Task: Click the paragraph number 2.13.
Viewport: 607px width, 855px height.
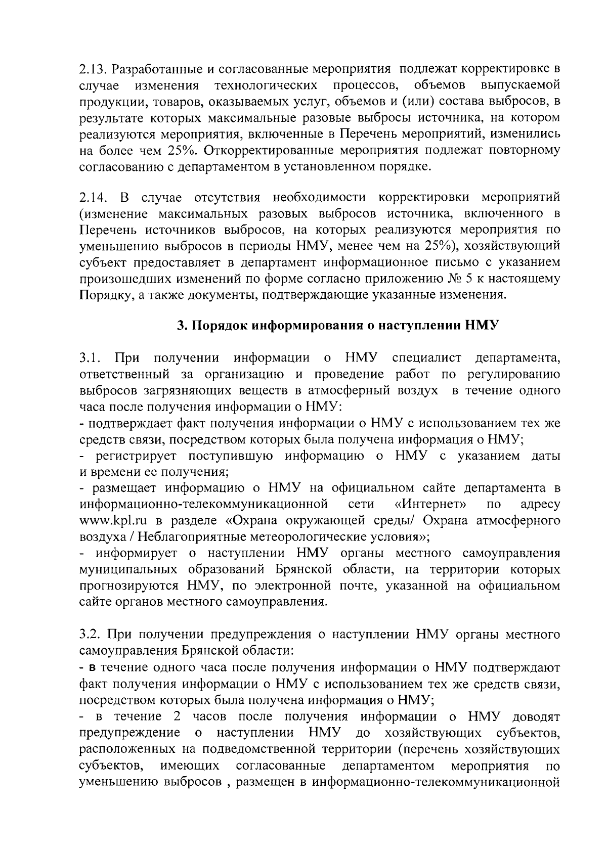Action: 92,68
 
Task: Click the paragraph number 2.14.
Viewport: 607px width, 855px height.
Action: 92,196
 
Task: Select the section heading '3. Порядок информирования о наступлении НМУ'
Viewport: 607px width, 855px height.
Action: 337,326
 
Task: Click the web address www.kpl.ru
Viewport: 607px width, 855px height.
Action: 113,521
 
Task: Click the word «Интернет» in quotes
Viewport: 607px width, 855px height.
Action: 430,505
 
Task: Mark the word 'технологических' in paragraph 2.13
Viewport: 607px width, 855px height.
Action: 266,84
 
